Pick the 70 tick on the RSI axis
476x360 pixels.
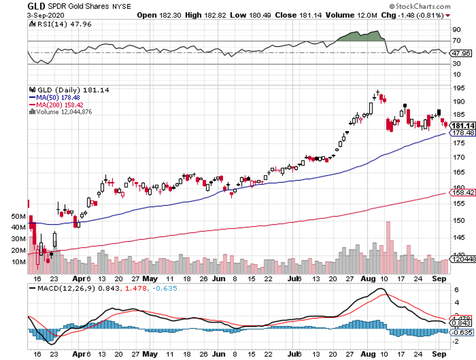click(x=456, y=41)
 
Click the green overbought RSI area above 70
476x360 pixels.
click(x=361, y=36)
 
